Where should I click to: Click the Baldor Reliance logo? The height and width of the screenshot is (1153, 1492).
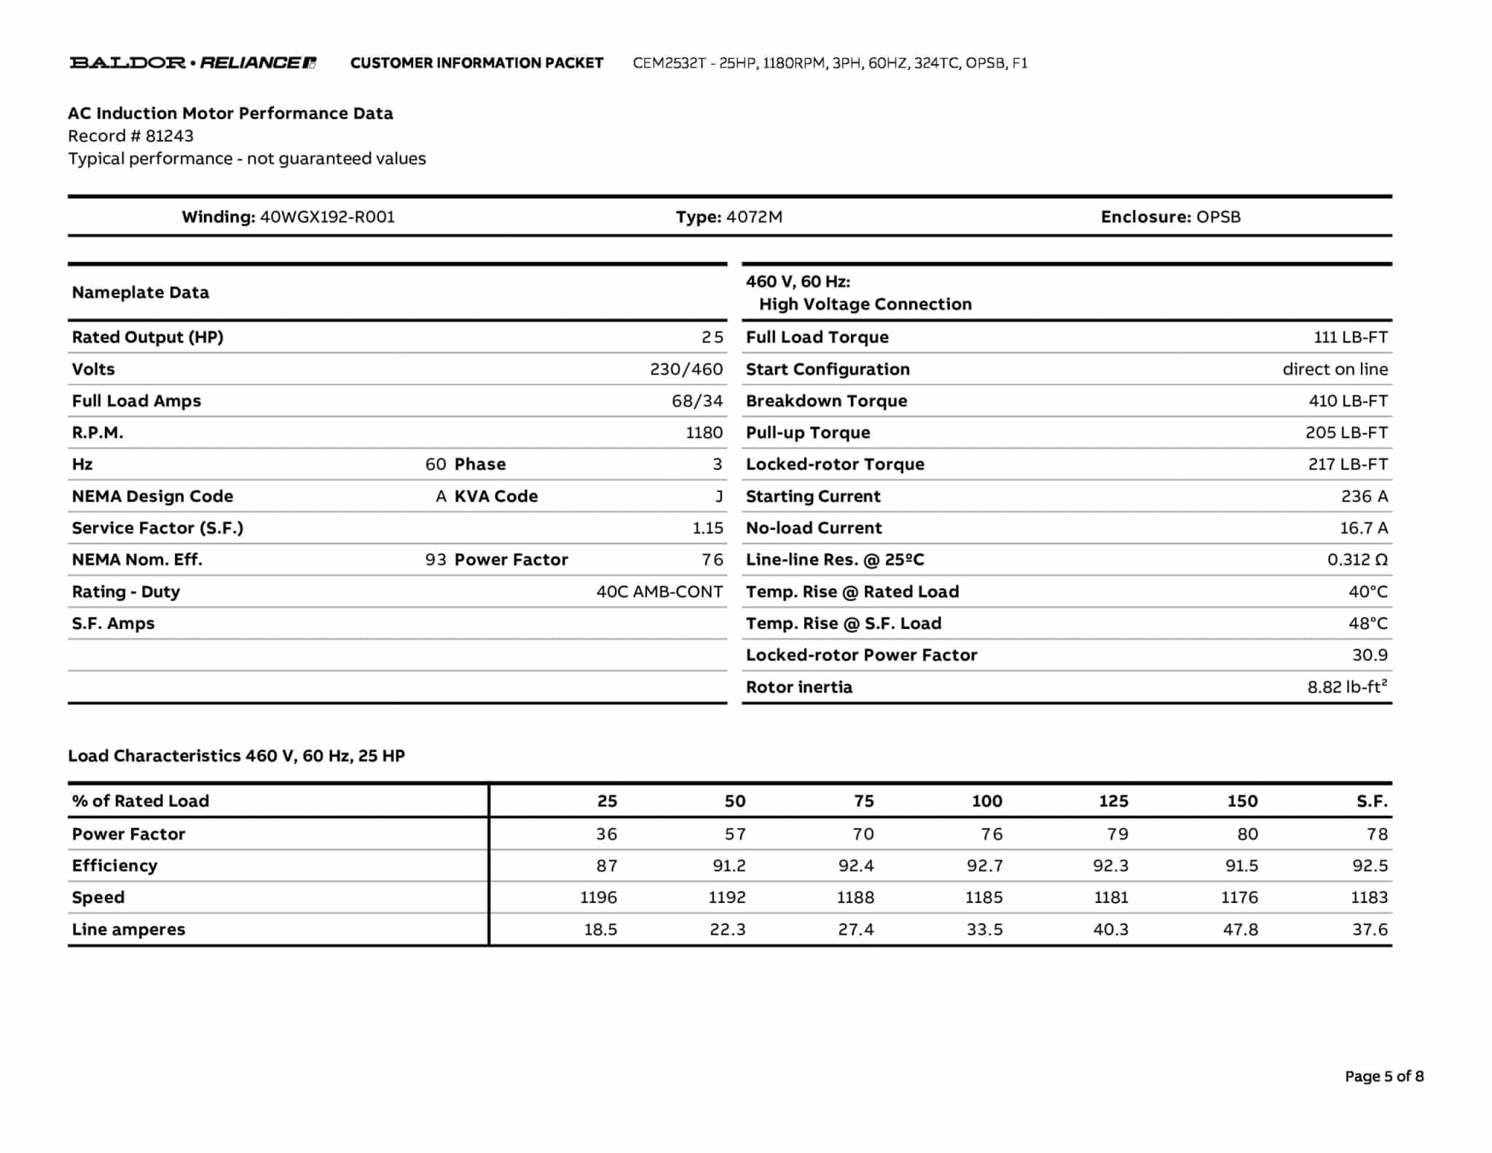192,63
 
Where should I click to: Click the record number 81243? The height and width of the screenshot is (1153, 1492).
169,136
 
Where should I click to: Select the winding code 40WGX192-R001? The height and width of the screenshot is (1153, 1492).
327,216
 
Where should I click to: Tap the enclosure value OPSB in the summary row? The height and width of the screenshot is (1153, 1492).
1218,216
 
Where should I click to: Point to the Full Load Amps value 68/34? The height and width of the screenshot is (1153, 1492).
696,401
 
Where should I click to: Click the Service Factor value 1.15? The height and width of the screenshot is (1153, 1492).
707,528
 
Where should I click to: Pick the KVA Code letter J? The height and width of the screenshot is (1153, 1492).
719,496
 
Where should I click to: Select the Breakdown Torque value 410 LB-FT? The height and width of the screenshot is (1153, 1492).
1348,401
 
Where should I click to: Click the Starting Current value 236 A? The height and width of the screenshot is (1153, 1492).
1364,496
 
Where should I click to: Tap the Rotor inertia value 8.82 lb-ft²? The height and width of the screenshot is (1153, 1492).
1346,687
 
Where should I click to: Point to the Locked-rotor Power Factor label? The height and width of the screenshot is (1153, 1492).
861,655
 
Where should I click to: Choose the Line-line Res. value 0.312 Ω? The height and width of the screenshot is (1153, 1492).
1357,560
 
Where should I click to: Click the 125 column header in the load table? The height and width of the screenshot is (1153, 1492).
1113,801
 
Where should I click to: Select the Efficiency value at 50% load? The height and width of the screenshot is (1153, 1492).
729,866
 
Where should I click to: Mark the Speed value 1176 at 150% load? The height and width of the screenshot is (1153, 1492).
1239,897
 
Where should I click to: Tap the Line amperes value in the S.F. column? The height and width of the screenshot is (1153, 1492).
1370,929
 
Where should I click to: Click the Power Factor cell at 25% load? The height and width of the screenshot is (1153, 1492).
606,834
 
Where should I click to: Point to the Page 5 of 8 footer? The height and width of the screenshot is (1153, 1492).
1383,1076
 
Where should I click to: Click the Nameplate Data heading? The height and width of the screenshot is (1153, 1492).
141,292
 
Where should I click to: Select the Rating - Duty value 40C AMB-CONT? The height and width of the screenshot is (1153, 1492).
659,592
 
